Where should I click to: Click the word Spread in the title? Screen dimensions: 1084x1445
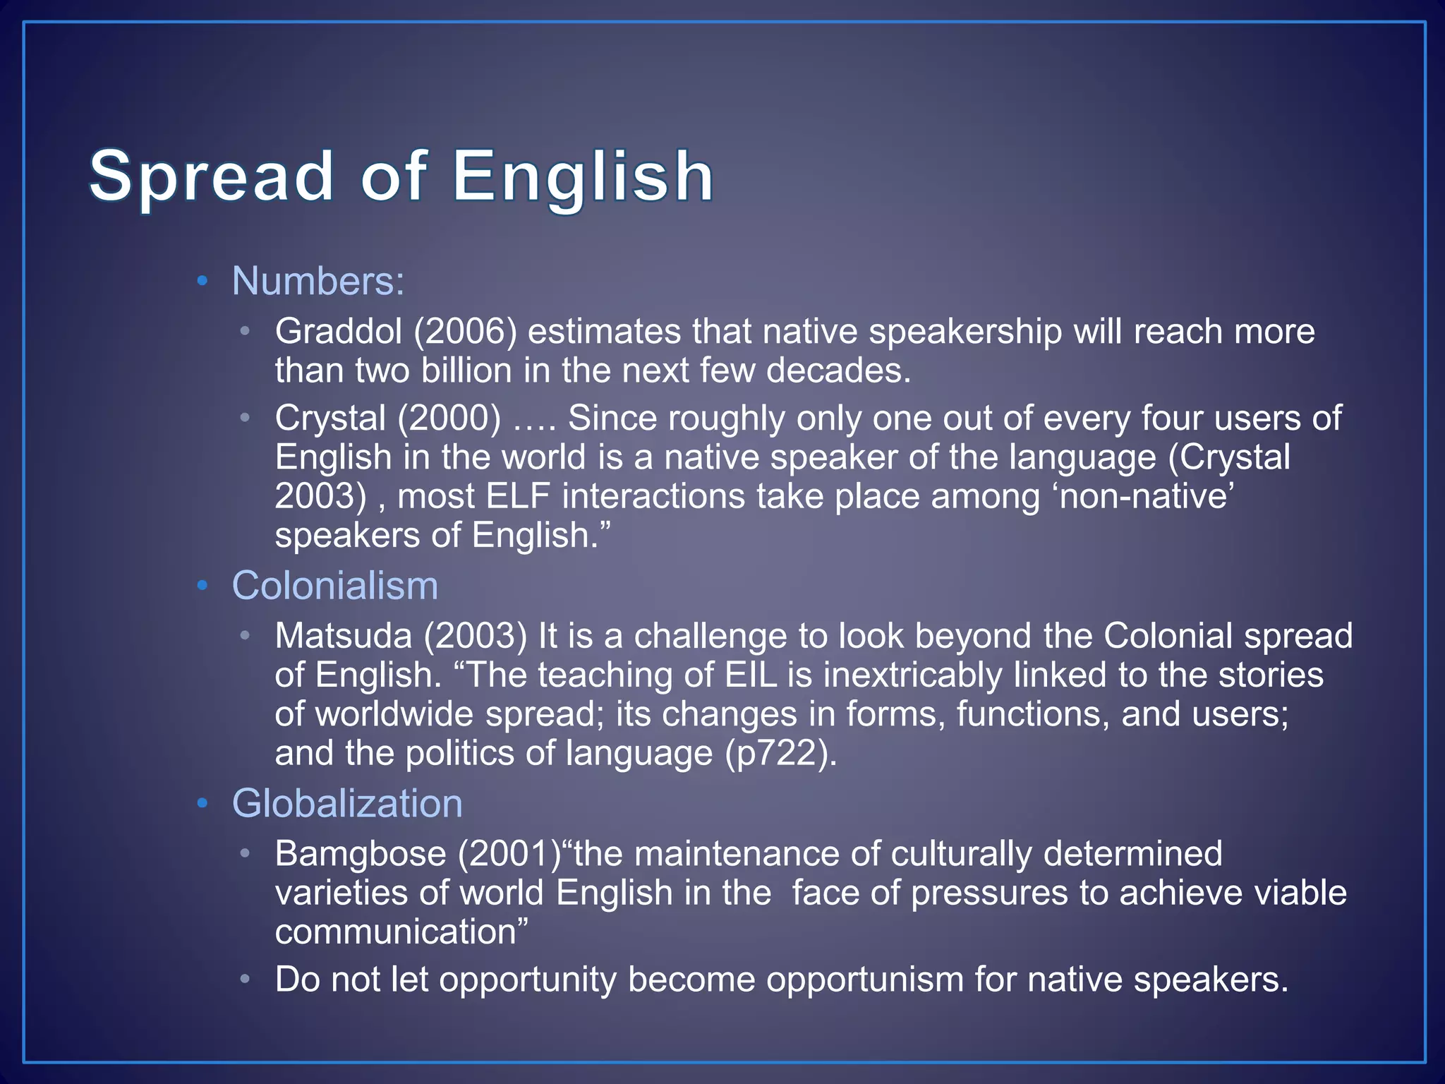point(210,176)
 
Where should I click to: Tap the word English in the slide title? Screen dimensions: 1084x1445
point(583,176)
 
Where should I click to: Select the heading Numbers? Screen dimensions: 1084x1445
point(318,281)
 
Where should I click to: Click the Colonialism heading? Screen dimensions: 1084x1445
point(334,586)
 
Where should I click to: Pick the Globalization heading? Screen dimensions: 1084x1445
point(347,804)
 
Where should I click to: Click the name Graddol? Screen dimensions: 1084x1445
point(339,331)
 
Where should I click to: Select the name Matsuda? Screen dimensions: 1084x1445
point(343,636)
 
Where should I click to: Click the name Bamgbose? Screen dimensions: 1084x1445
point(361,854)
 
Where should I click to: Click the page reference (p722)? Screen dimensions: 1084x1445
point(781,753)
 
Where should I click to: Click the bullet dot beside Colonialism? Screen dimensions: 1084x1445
point(202,586)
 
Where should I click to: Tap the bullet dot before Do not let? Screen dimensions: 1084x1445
point(245,980)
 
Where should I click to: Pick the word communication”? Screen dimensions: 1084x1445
point(401,932)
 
